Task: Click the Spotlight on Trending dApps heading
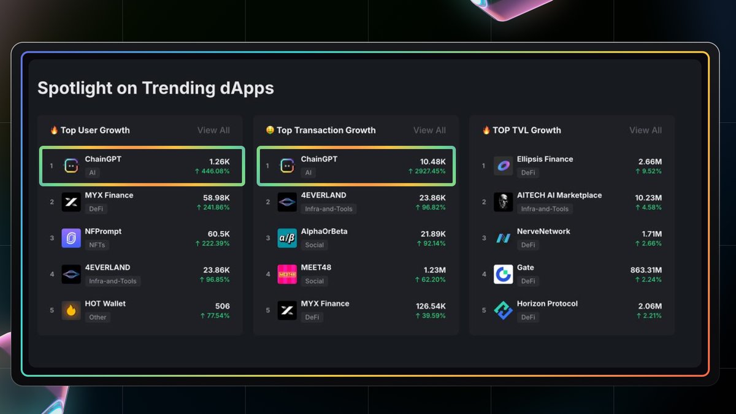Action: click(156, 88)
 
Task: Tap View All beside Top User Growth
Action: click(213, 130)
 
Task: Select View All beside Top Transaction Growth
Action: click(429, 130)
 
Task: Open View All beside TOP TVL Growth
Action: click(645, 130)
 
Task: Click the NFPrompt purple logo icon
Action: click(71, 238)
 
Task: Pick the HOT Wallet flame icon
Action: click(71, 310)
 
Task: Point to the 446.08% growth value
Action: click(212, 171)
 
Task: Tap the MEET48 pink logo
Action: click(287, 274)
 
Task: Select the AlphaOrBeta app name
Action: click(324, 231)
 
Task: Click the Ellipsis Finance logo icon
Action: click(503, 166)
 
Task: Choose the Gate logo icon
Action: click(503, 274)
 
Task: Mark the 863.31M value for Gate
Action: click(646, 270)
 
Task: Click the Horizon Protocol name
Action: click(547, 304)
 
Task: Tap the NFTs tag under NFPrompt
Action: click(97, 245)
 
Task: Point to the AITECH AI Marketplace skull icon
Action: click(503, 202)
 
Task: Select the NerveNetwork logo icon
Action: click(503, 238)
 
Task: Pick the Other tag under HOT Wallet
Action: click(98, 317)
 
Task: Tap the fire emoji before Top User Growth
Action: click(54, 130)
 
